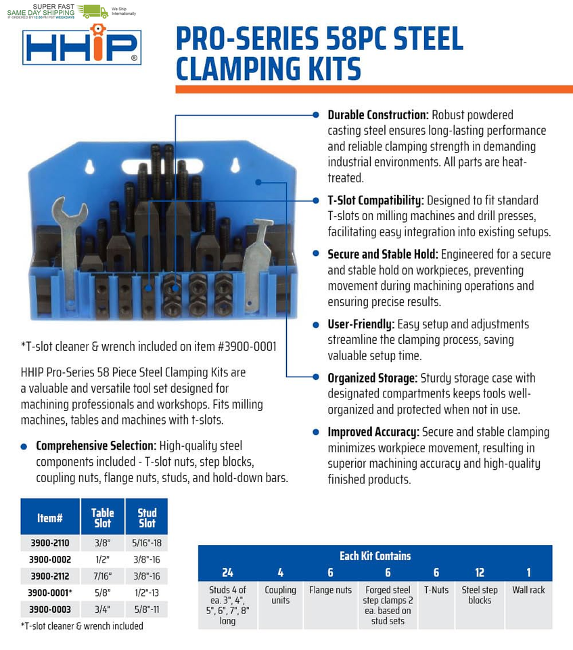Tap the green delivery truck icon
[x=93, y=11]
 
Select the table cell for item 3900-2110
[x=50, y=542]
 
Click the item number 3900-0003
[x=50, y=609]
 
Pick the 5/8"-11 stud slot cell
[x=147, y=609]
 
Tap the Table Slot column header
[x=102, y=518]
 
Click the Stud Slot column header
[x=147, y=518]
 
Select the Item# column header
[x=50, y=518]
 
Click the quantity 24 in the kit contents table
[x=227, y=573]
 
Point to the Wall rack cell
[x=528, y=590]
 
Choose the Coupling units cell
[x=280, y=595]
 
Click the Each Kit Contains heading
[x=375, y=556]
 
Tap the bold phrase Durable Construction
[x=377, y=115]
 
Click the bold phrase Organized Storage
[x=372, y=378]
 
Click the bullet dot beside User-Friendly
[x=315, y=325]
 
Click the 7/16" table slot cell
[x=102, y=576]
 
